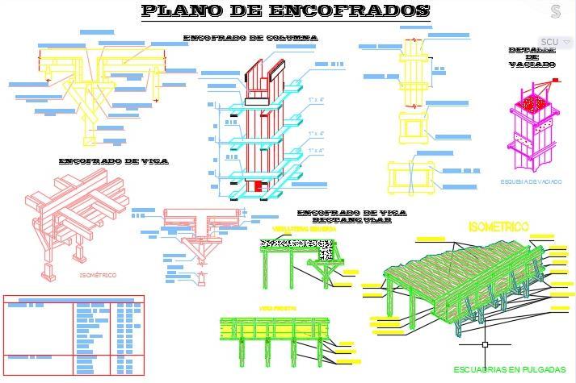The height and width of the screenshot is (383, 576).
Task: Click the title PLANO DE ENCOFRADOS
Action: click(x=285, y=11)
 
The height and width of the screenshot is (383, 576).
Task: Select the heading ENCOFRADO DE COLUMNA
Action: click(x=250, y=38)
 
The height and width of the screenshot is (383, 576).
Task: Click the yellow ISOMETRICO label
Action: click(x=498, y=228)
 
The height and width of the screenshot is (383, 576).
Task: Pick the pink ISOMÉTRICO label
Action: click(x=97, y=276)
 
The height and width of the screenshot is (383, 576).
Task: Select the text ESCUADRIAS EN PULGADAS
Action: click(x=509, y=369)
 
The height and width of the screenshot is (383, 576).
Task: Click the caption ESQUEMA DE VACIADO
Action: click(x=531, y=182)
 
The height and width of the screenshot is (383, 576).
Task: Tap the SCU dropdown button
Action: click(x=555, y=42)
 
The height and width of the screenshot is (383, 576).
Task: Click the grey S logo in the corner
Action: click(x=556, y=11)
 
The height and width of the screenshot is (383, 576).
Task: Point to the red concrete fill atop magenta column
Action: click(x=532, y=104)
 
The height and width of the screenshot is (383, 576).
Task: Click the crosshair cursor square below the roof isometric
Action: click(x=485, y=344)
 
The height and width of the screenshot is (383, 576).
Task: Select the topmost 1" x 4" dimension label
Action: click(x=316, y=99)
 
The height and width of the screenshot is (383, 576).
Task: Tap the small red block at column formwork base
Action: click(x=259, y=186)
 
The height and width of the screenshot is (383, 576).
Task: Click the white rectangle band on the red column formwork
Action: click(x=257, y=102)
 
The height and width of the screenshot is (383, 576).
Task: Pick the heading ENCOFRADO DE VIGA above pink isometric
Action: click(x=113, y=161)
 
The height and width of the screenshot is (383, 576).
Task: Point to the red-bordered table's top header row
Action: click(x=74, y=299)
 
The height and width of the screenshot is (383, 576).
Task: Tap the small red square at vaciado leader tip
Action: click(x=555, y=79)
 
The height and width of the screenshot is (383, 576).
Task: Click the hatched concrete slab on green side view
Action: click(x=296, y=244)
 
